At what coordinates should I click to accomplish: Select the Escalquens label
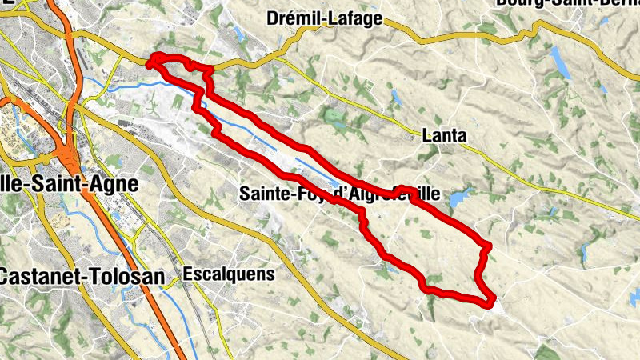tap(228, 274)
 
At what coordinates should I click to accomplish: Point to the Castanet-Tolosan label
tap(82, 277)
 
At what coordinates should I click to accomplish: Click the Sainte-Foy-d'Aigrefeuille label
tap(339, 193)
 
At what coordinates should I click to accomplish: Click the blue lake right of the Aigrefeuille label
tap(458, 197)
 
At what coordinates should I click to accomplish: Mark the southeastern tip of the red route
tap(489, 302)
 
